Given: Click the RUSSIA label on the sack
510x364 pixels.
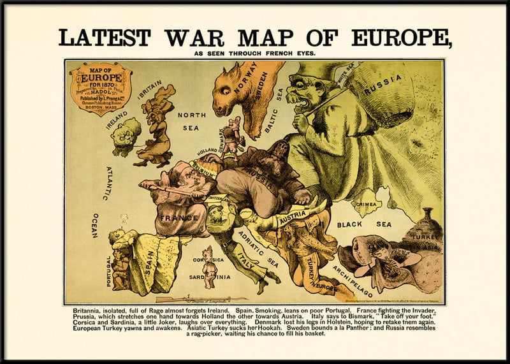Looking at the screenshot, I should (383, 85).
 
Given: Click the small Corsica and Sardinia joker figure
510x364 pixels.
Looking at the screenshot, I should (207, 267).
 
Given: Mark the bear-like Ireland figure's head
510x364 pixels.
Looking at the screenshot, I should (126, 132).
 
